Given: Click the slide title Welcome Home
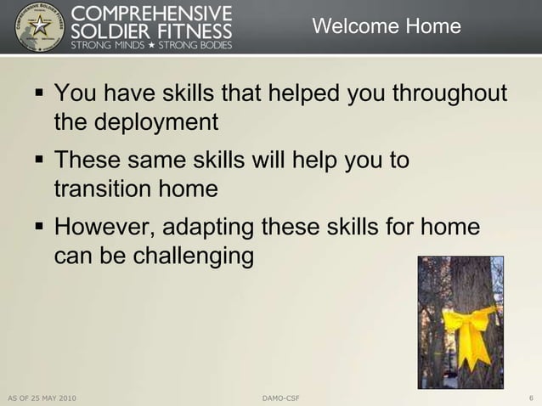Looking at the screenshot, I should pyautogui.click(x=387, y=27).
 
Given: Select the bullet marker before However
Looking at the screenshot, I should pyautogui.click(x=39, y=226).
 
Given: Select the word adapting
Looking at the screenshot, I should pyautogui.click(x=207, y=228).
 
